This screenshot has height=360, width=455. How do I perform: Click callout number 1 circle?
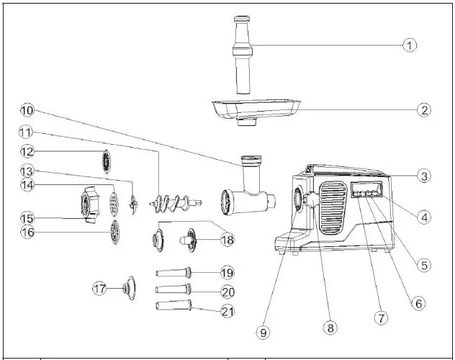(x=409, y=45)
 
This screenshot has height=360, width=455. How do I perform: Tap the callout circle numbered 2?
(x=424, y=110)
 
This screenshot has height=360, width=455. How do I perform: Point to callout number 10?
(x=27, y=111)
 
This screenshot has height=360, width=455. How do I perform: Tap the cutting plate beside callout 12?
(x=107, y=161)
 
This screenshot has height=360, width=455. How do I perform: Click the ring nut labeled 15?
(x=89, y=204)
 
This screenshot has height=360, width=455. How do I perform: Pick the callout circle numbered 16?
(x=27, y=233)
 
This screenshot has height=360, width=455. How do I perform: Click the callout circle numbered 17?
(x=100, y=288)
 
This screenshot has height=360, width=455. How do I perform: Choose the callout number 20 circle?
(x=227, y=291)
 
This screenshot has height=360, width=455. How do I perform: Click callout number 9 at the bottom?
(x=264, y=332)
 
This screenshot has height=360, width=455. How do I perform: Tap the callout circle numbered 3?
(x=424, y=176)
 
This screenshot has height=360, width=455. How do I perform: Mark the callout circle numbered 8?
(x=330, y=328)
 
